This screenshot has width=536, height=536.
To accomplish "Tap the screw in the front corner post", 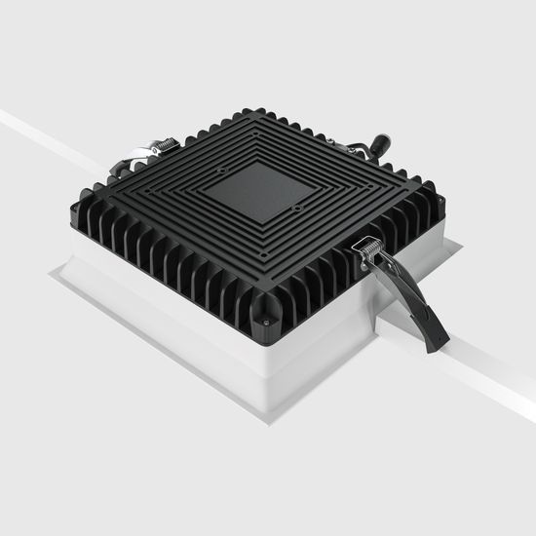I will (x=264, y=320).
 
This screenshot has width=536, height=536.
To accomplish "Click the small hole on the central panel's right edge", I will (x=294, y=207).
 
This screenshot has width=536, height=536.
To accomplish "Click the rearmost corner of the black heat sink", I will (x=255, y=110).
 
